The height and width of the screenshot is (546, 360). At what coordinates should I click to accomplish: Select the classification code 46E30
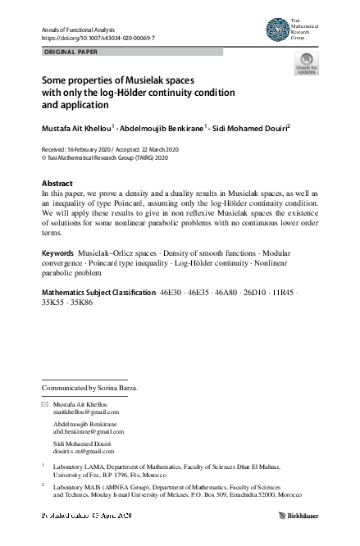[x=171, y=292]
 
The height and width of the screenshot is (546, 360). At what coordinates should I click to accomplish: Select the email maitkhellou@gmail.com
[x=86, y=413]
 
